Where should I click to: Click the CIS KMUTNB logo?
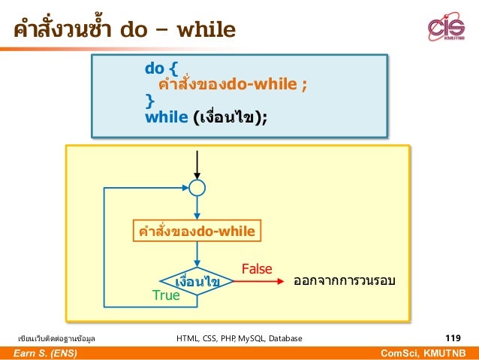(447, 29)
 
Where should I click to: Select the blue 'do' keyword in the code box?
(155, 69)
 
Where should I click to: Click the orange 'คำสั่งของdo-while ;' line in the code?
(229, 84)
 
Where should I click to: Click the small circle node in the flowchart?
(197, 187)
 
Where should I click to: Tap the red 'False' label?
(257, 268)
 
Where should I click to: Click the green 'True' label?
(166, 295)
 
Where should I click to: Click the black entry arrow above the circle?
(197, 164)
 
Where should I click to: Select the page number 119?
(453, 338)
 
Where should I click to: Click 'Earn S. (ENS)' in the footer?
(44, 353)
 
